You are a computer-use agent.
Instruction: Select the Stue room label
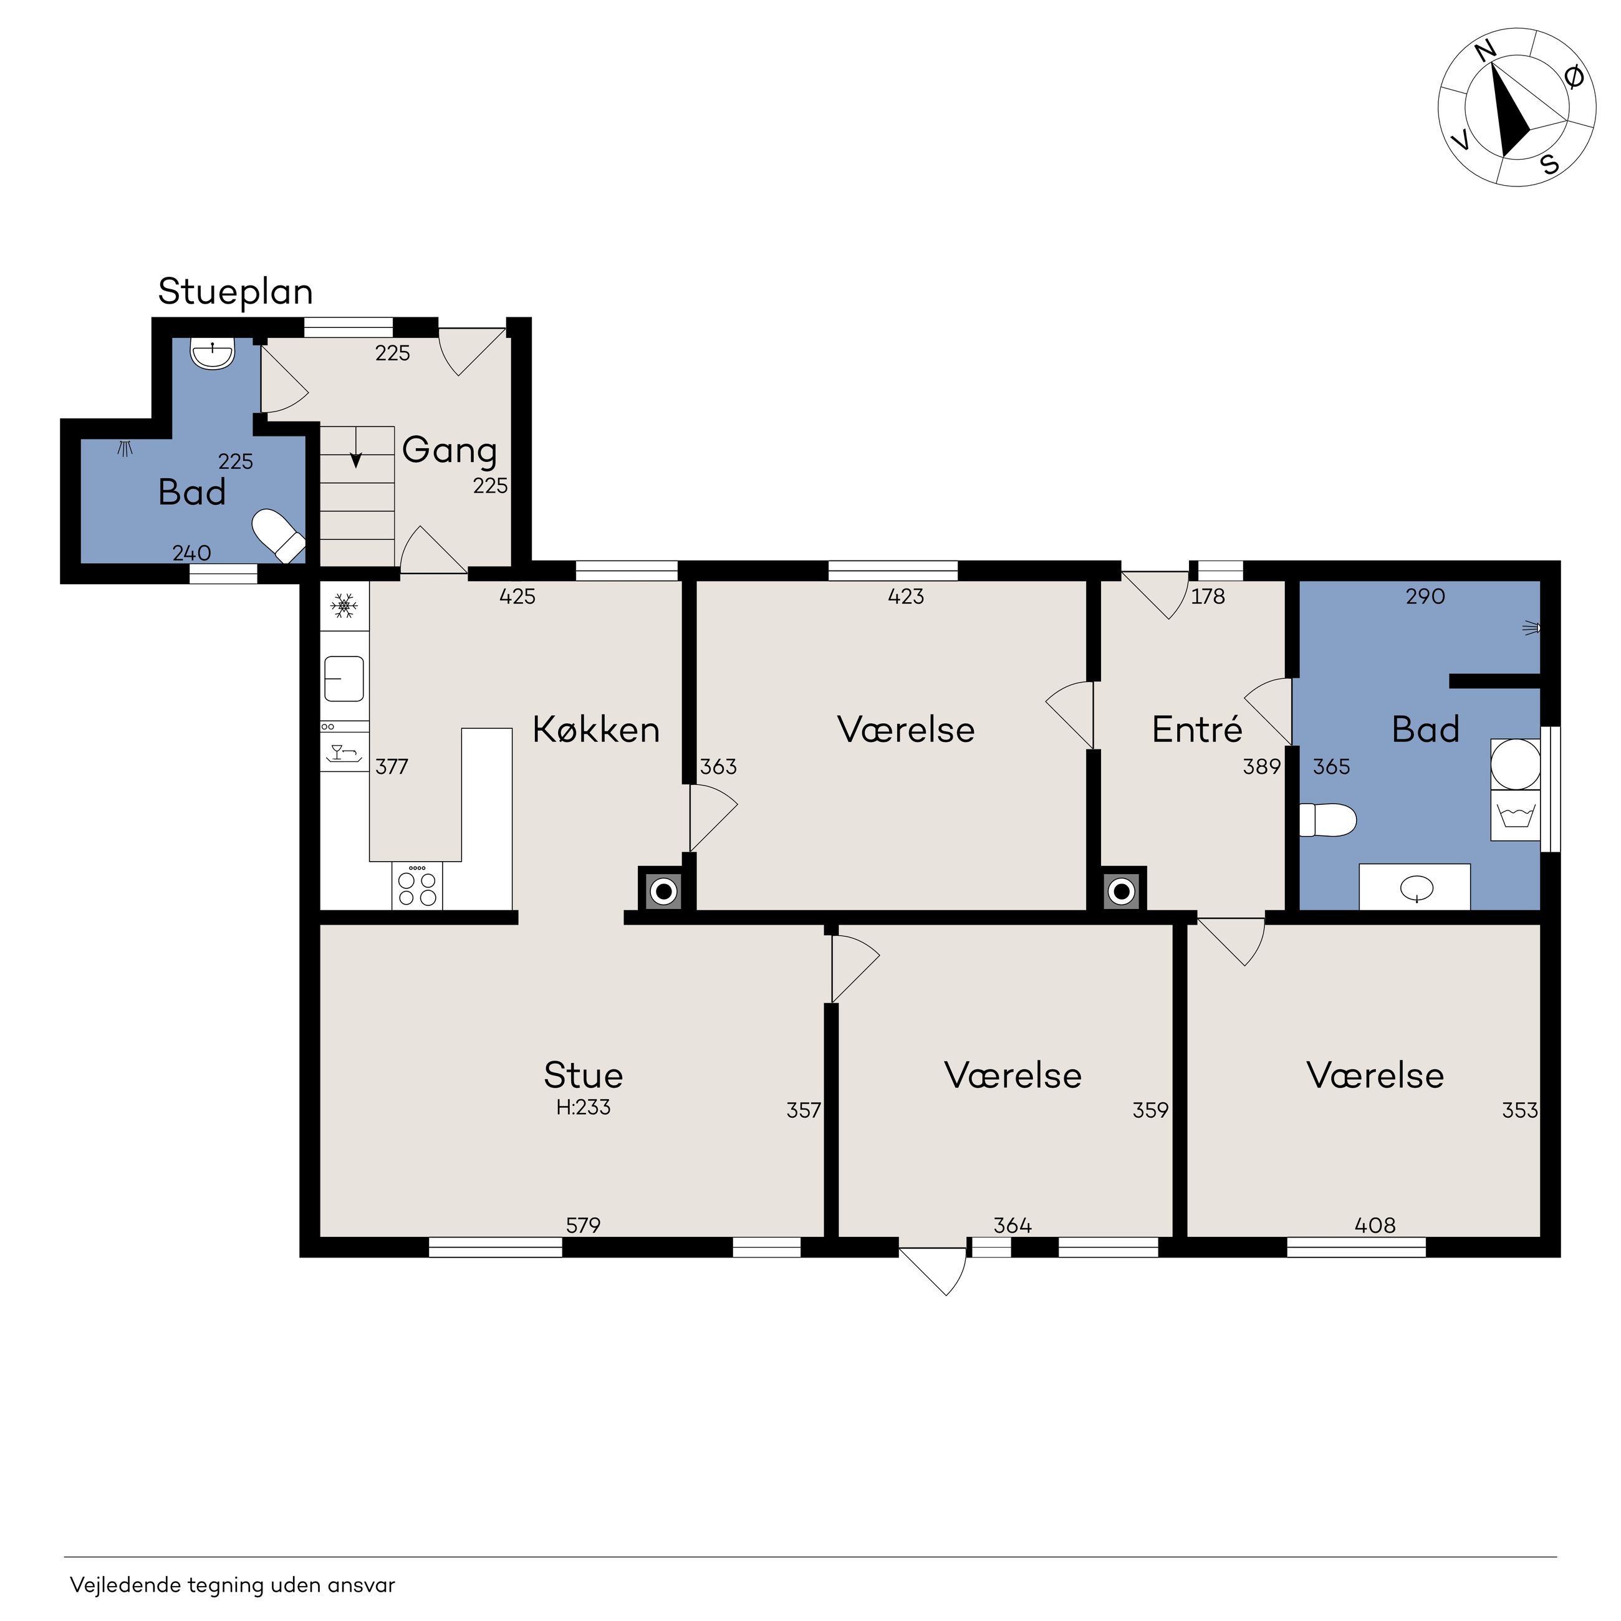coord(583,1075)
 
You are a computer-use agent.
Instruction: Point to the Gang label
coord(450,451)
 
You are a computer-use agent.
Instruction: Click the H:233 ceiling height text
coord(583,1107)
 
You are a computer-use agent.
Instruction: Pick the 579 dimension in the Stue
coord(583,1226)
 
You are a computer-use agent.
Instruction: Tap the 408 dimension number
coord(1375,1226)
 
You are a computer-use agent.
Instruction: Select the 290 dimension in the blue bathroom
coord(1425,597)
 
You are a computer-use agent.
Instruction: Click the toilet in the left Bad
coord(279,536)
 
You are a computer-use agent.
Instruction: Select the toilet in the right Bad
coord(1327,820)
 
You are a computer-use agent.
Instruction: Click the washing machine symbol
coord(1515,815)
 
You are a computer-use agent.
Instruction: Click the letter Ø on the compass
coord(1575,77)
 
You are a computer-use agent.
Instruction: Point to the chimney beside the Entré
coord(1122,890)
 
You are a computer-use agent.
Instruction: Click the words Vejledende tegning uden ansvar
coord(233,1585)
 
